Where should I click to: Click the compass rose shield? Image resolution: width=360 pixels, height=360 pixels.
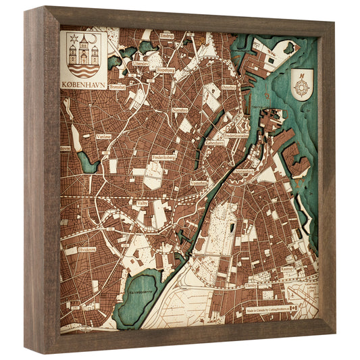tap(302, 84)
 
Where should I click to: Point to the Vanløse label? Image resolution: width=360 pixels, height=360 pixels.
tap(104, 135)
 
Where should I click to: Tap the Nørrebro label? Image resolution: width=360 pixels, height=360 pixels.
tap(180, 109)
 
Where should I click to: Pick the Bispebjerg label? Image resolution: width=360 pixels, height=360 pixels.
tap(165, 69)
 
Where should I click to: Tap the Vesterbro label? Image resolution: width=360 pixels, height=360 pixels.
tap(199, 182)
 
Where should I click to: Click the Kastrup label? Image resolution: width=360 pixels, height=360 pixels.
tap(286, 269)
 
